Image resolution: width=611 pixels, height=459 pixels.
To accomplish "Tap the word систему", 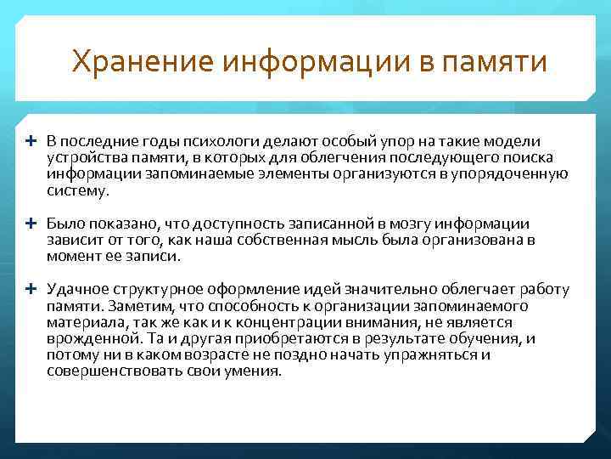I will (78, 191).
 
